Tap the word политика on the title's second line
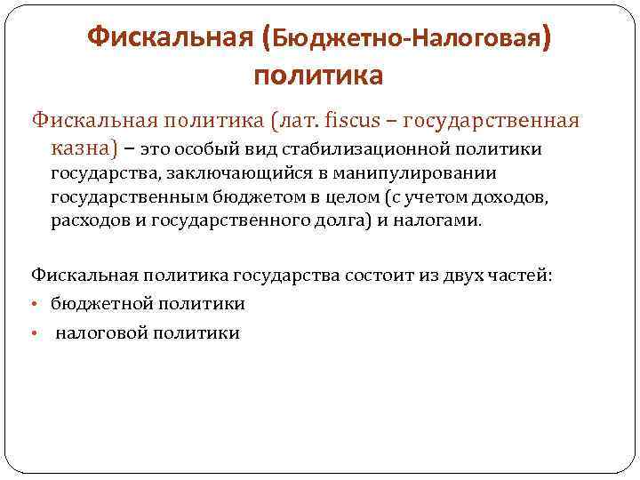coord(318,75)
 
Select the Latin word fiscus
coord(352,120)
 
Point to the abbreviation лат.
coord(293,120)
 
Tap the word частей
coord(520,276)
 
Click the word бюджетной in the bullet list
coord(100,305)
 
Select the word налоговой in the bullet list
coord(100,333)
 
